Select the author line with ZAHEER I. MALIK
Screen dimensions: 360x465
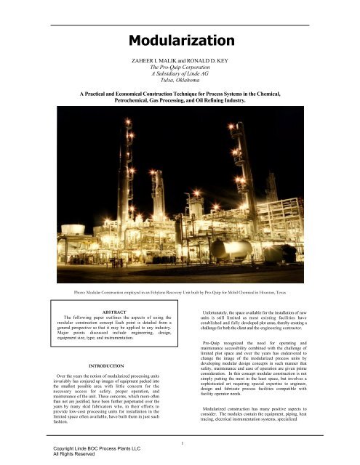180,62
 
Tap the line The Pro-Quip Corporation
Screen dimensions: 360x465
180,70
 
